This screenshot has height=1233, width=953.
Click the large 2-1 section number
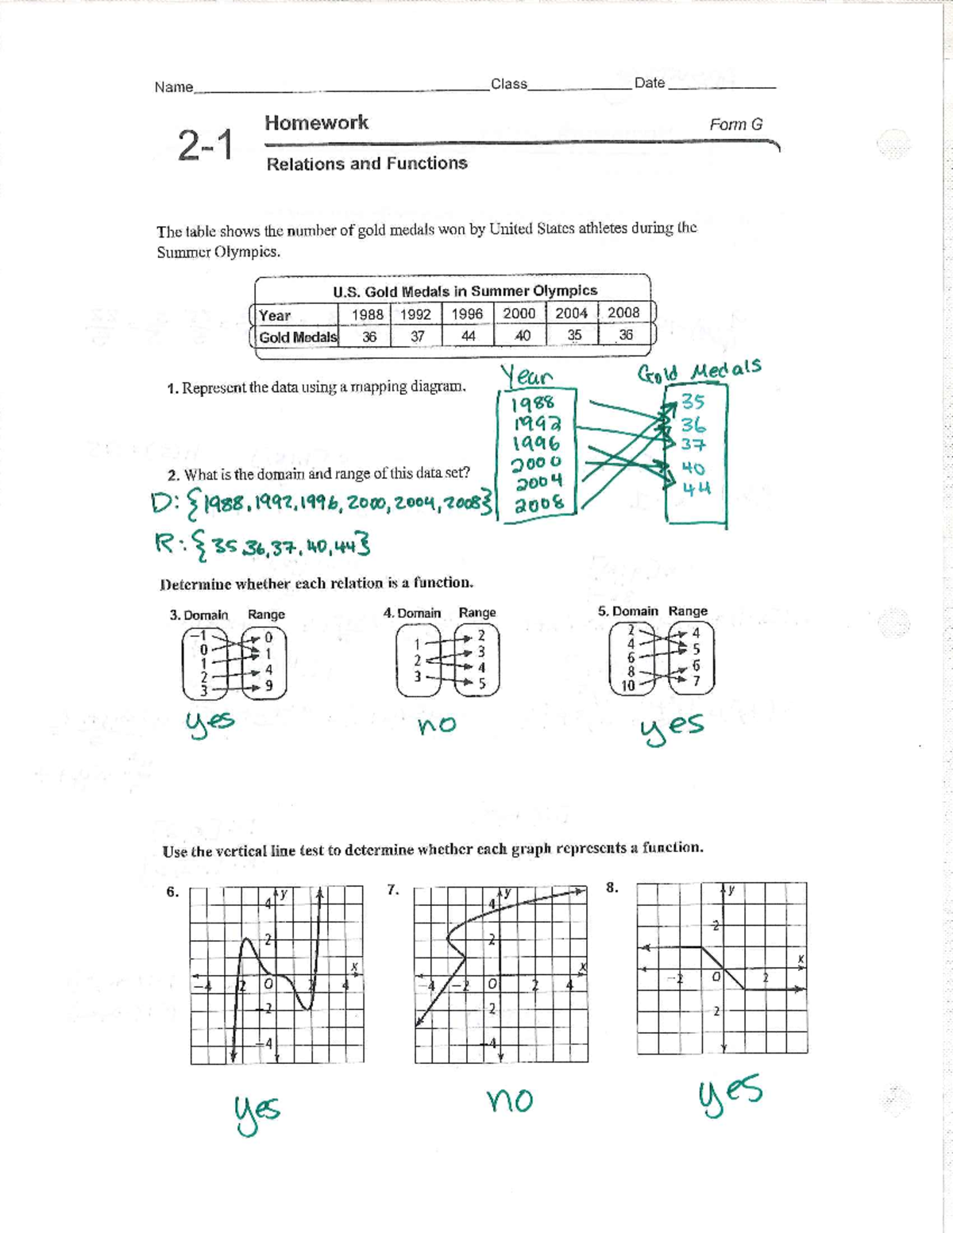pos(206,146)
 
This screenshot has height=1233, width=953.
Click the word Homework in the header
pos(316,123)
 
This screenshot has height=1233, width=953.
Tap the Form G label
pos(735,125)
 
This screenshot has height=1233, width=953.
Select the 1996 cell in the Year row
pos(467,314)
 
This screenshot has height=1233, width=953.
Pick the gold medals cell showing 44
pos(468,336)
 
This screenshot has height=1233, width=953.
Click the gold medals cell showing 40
pos(522,336)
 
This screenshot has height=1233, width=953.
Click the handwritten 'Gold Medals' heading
pos(699,372)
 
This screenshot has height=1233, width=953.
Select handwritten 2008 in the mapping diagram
pos(539,503)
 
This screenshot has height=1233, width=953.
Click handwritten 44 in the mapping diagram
pos(696,488)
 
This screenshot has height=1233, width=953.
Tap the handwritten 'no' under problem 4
pos(437,724)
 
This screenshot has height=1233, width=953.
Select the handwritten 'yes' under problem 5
pos(673,726)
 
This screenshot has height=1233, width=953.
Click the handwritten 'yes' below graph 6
pos(256,1110)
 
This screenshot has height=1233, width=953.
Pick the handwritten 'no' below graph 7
pos(509,1100)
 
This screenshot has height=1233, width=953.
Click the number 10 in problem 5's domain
pos(627,686)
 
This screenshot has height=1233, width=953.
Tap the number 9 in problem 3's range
pos(268,685)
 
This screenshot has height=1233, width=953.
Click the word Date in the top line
pos(649,83)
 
